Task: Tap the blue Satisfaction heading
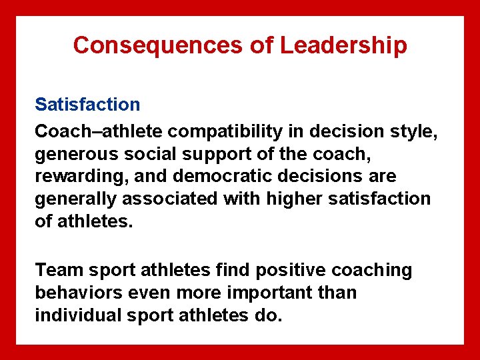(87, 104)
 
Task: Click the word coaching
(373, 270)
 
